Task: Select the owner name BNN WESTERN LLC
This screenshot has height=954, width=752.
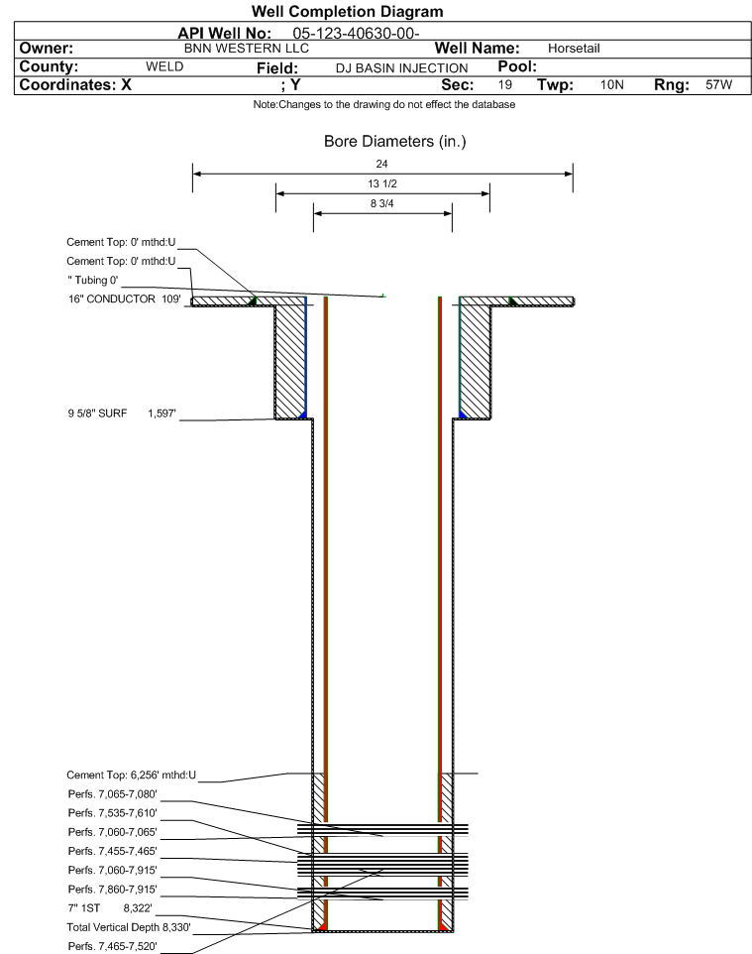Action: (248, 49)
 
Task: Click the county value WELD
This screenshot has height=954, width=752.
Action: (165, 66)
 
